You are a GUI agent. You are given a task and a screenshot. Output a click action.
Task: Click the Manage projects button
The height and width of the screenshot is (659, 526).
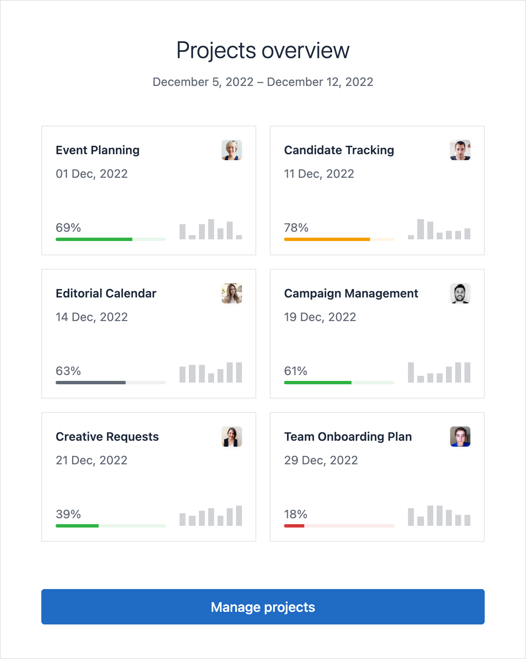(263, 607)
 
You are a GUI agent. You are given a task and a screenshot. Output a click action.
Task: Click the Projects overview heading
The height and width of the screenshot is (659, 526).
(263, 51)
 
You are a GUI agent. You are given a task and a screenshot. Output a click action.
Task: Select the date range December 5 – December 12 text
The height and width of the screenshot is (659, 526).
(263, 82)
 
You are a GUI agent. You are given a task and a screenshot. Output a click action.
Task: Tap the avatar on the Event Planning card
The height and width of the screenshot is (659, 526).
(232, 150)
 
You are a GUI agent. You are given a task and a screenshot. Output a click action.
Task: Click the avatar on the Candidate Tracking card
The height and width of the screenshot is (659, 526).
(460, 150)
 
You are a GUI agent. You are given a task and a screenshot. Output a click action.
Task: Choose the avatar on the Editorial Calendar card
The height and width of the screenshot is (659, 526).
(232, 293)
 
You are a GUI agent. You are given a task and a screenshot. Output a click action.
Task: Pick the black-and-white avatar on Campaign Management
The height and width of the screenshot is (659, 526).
(460, 293)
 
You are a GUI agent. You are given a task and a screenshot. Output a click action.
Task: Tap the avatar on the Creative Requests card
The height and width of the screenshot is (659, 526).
(232, 437)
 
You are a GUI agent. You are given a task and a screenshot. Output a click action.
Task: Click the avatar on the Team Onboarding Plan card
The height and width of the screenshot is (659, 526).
(460, 437)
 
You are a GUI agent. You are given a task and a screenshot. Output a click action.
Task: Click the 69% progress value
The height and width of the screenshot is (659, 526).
(68, 228)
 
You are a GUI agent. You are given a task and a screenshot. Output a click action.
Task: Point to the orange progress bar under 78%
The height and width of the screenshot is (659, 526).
(327, 239)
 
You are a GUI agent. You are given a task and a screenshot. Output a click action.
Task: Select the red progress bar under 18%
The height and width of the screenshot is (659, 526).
(295, 526)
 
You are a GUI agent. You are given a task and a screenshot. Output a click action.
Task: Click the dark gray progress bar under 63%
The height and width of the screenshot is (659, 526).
(91, 383)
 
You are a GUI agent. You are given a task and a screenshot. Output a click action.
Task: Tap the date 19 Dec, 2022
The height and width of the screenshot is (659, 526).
(320, 317)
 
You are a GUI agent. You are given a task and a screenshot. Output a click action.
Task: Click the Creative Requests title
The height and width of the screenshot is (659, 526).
(107, 437)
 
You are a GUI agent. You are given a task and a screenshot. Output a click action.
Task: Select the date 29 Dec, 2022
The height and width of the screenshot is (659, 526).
(321, 460)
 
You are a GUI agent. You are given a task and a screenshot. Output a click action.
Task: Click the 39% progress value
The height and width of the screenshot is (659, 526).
(68, 514)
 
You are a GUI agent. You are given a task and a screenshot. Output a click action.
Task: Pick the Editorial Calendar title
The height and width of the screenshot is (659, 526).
(106, 293)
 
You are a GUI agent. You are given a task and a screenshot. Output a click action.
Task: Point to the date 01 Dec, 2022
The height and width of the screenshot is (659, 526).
(91, 174)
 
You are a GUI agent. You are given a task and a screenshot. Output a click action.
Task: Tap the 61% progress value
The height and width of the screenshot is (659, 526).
(295, 371)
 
